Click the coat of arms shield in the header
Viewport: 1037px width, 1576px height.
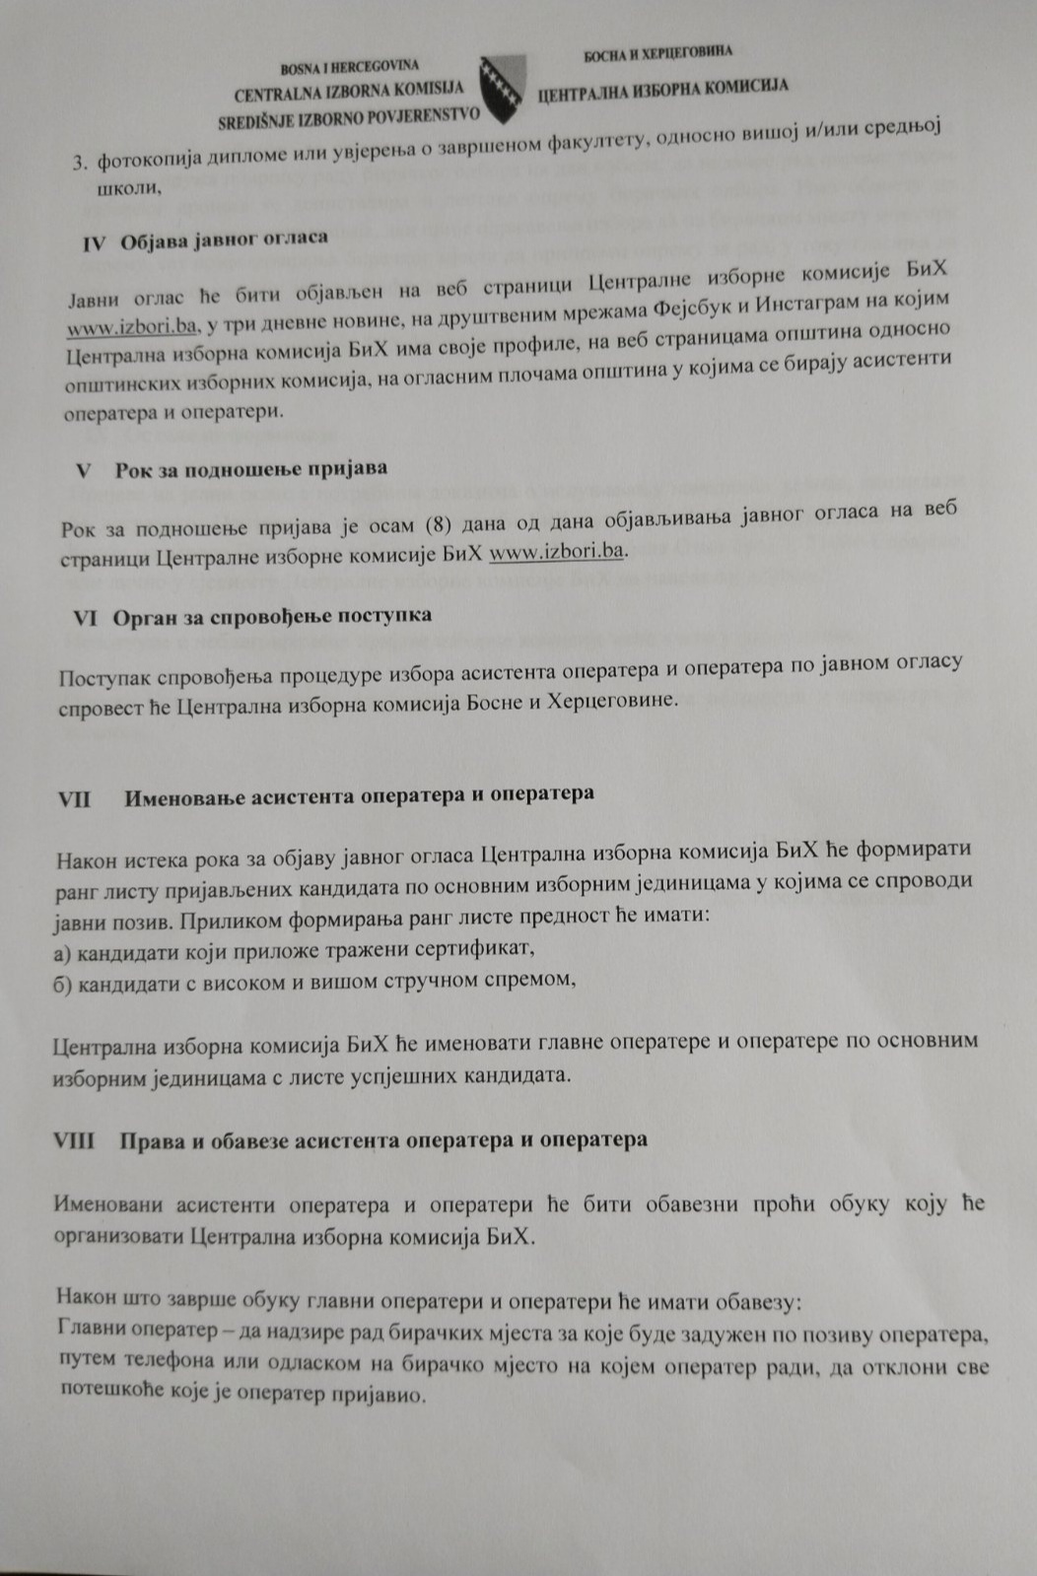tap(505, 90)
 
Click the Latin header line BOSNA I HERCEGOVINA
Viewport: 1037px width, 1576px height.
tap(350, 67)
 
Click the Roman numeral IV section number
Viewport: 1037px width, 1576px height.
tap(93, 243)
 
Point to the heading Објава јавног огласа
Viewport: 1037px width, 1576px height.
tap(224, 239)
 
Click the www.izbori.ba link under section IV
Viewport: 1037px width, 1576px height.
tap(132, 324)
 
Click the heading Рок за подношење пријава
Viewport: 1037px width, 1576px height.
tap(250, 468)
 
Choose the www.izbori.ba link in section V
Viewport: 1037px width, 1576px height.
tap(557, 551)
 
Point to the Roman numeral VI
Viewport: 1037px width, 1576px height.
tap(85, 618)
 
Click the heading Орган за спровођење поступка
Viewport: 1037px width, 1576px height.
tap(272, 616)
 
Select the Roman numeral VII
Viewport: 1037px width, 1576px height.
tap(74, 797)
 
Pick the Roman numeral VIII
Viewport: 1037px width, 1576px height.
tap(74, 1140)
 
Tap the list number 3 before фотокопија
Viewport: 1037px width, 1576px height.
tap(81, 163)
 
